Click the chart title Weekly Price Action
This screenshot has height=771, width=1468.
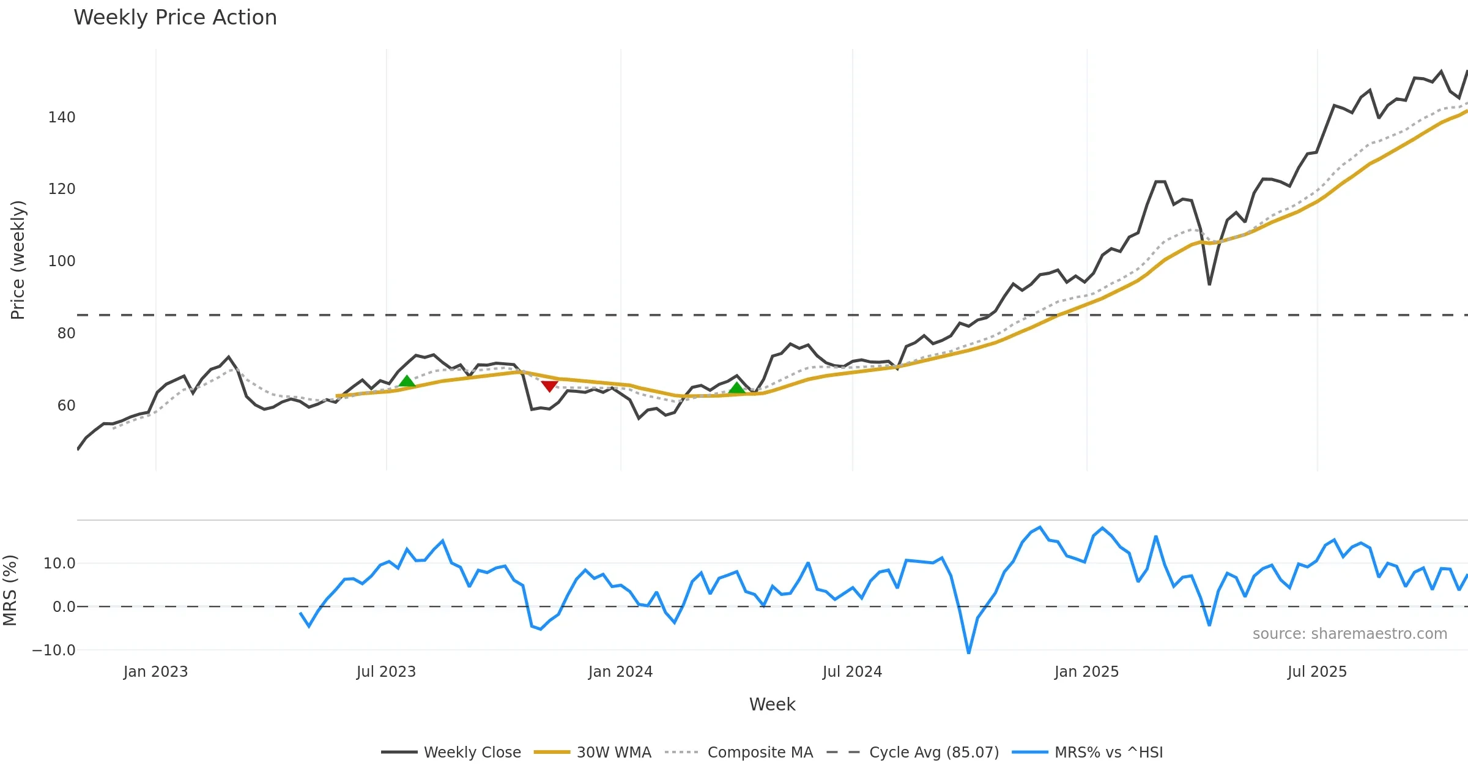[175, 18]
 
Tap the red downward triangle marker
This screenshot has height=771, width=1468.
[549, 386]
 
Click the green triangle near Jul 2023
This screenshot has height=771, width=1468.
[407, 381]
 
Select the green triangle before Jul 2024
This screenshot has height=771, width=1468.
[737, 387]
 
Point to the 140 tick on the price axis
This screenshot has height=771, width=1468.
[62, 117]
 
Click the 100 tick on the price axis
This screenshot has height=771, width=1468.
[62, 261]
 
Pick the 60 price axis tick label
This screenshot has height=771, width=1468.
[66, 406]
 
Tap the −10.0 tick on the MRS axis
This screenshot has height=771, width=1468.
[54, 650]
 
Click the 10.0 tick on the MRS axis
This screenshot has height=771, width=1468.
[59, 564]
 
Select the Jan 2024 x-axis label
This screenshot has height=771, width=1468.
[620, 672]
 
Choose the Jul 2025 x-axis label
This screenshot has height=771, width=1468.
[1317, 672]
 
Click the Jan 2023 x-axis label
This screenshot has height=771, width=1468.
[155, 672]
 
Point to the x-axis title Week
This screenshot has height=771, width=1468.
[772, 704]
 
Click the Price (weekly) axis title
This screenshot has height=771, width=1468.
[18, 260]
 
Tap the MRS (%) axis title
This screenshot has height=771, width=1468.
[10, 590]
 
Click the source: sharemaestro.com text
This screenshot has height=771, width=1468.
[1349, 634]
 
